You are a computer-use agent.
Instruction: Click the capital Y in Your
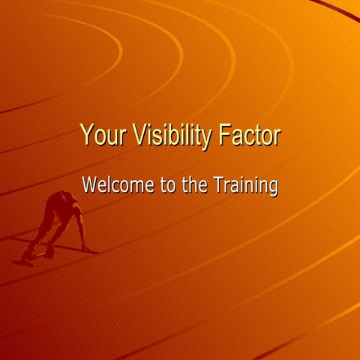pos(86,136)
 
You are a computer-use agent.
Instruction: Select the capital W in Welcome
pos(90,184)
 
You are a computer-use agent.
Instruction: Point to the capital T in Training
pos(220,184)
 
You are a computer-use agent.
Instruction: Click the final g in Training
pos(274,187)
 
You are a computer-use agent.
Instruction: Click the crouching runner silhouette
pos(58,222)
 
